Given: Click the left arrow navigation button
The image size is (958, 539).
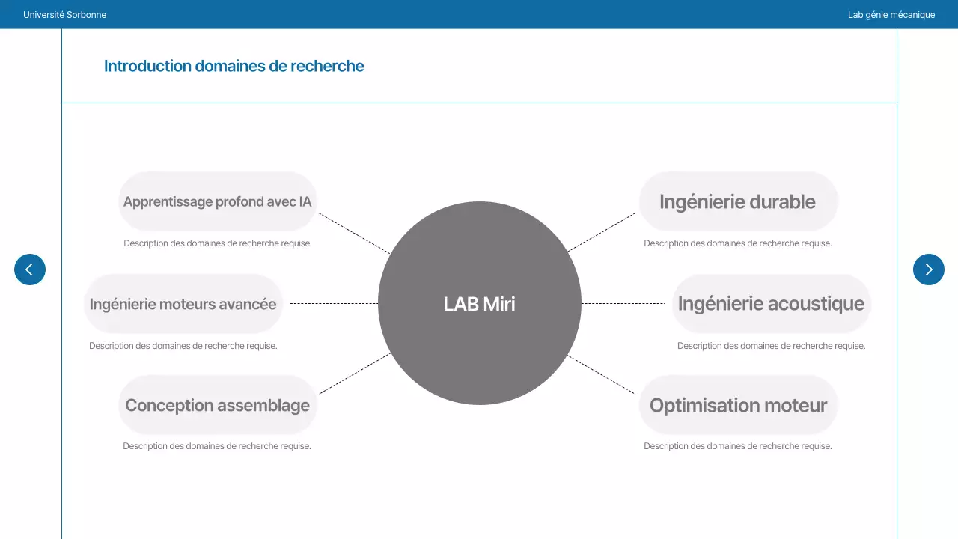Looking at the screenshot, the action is (30, 269).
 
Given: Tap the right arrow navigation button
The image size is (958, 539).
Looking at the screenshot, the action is (928, 269).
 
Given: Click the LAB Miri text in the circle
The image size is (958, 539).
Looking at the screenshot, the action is (479, 304).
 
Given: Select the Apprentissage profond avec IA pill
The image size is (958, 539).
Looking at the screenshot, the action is (217, 201).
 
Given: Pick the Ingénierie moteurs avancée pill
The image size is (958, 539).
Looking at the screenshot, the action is (183, 304).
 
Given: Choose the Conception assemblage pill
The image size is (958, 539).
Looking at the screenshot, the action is (217, 406).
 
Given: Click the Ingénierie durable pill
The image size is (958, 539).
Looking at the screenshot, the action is (737, 201).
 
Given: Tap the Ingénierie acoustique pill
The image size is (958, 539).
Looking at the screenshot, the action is (771, 304).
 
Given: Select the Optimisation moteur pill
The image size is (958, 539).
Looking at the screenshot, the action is (738, 406).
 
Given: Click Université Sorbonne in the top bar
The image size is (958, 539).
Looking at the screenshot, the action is (64, 15).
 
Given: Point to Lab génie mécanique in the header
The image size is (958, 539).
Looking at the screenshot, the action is (891, 15).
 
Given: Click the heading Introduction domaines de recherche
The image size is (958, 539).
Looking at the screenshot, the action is (234, 66).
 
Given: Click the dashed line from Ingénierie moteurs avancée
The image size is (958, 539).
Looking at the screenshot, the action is (334, 303).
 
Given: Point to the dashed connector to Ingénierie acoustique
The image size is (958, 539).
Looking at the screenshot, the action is (623, 303).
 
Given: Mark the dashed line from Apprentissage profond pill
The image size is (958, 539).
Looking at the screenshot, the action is (355, 233).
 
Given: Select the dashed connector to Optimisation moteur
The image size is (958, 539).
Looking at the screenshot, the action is (602, 374).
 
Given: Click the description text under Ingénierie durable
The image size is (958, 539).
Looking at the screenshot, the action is (737, 243).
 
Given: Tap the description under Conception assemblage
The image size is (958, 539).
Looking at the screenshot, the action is (217, 446).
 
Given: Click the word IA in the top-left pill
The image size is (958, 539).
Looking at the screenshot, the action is (305, 201).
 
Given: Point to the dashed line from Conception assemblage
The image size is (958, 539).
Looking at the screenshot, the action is (355, 373).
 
